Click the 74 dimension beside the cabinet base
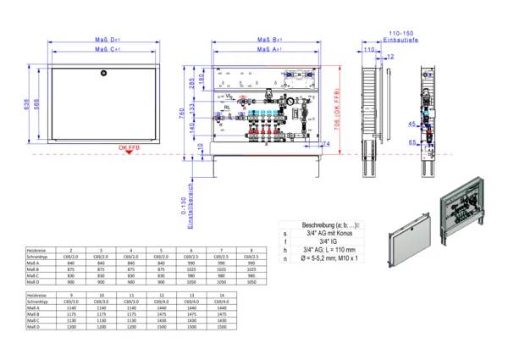click(326, 144)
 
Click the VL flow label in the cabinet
click(229, 97)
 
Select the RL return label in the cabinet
click(229, 108)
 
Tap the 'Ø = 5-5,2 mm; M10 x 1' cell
click(330, 258)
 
